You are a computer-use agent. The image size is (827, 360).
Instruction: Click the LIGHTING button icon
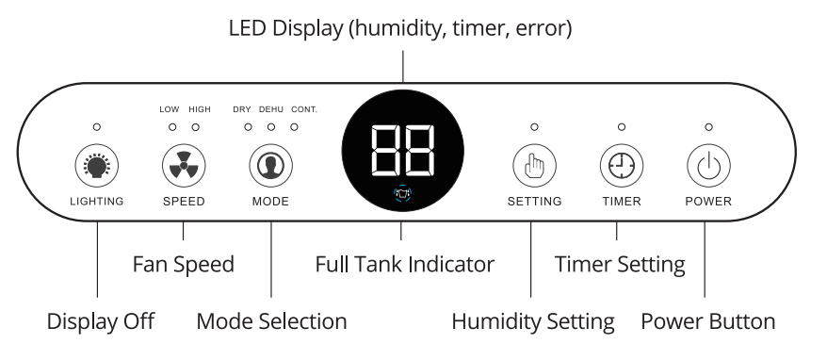pos(97,167)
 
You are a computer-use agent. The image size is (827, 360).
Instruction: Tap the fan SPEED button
pos(183,167)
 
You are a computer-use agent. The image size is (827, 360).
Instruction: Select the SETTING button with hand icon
pos(533,167)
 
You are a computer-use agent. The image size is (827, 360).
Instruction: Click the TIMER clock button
pos(621,167)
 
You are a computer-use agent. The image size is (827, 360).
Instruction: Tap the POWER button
pos(707,167)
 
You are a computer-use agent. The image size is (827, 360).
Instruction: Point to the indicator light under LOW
pos(172,126)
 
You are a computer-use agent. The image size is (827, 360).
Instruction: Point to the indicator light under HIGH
pos(196,126)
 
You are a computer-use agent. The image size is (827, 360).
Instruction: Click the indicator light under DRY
pos(248,126)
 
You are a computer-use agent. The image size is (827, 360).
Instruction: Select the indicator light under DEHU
pos(270,126)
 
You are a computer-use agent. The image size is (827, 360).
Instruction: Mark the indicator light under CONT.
pos(295,126)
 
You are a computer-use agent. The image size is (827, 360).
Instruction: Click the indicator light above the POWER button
pos(708,126)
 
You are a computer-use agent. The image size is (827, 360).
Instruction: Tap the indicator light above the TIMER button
pos(621,126)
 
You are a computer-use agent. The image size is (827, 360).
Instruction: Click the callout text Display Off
pos(100,321)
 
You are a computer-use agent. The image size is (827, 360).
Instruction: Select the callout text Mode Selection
pos(271,321)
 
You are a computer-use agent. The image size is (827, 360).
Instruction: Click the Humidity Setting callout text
pos(533,321)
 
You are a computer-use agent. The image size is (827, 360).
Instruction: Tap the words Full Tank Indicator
pos(404,265)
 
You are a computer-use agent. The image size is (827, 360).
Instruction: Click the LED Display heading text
pos(401,29)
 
